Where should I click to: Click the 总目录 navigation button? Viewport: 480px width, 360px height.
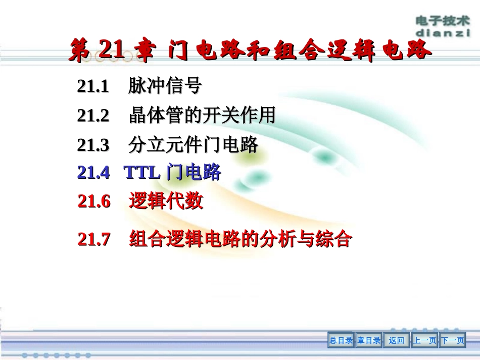click(341, 341)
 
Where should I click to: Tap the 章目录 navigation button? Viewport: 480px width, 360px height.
click(369, 341)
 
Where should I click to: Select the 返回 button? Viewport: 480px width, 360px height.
click(397, 341)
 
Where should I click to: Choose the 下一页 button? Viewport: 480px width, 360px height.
click(453, 341)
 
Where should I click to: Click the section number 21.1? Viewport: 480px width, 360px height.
click(93, 87)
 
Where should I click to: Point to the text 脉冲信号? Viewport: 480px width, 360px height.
click(165, 87)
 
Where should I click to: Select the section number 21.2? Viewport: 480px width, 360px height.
click(93, 116)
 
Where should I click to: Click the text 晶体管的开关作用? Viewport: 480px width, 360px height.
click(202, 116)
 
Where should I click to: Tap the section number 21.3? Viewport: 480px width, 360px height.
click(93, 145)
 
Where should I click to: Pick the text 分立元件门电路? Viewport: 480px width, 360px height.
click(194, 145)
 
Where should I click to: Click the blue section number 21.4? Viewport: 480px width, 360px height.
click(93, 173)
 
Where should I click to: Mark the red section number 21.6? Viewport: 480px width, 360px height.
click(94, 201)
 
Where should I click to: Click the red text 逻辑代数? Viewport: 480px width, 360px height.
click(166, 201)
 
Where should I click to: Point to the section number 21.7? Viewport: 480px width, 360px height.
click(94, 239)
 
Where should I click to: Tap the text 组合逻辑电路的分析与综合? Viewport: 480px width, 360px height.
click(240, 239)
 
